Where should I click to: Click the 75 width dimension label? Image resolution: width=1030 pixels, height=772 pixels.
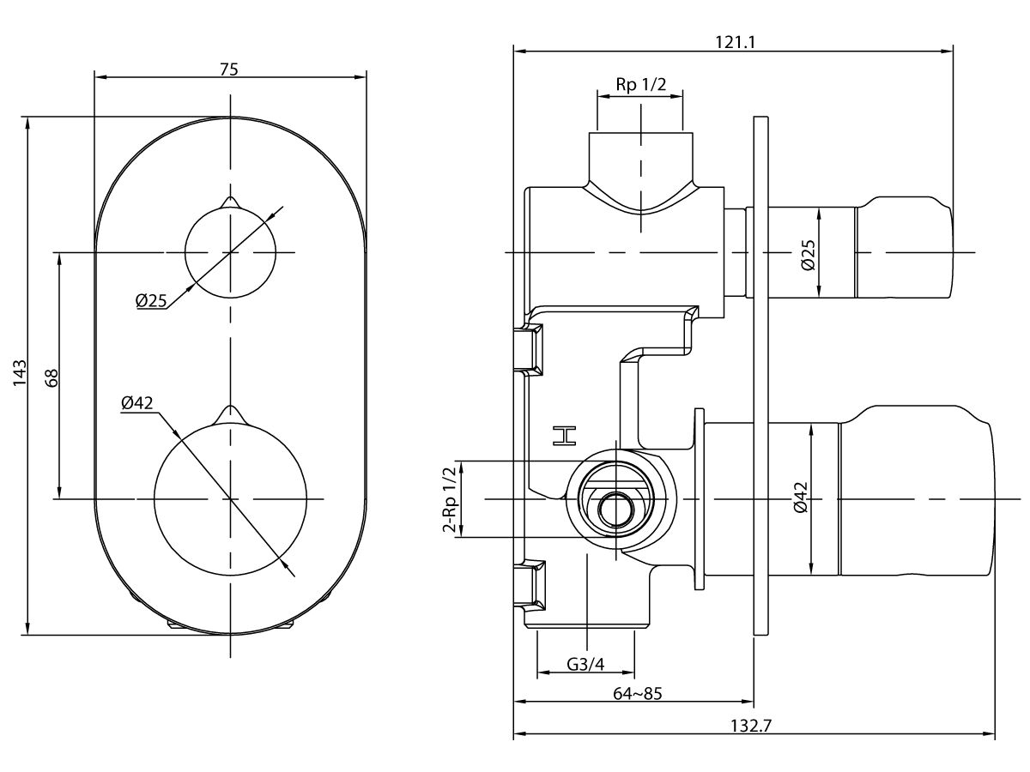tap(228, 69)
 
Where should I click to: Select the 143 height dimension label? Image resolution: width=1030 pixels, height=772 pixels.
tap(21, 375)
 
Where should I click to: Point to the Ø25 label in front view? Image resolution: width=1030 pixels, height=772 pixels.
tap(150, 300)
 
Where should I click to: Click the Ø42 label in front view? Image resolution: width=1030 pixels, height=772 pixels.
tap(136, 403)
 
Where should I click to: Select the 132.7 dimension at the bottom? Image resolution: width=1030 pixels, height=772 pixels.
tap(752, 726)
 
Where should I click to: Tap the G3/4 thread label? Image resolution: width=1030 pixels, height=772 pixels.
tap(585, 663)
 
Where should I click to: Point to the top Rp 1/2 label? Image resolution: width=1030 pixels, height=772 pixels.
tap(641, 83)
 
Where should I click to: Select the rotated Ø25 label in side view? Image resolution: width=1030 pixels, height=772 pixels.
tap(808, 255)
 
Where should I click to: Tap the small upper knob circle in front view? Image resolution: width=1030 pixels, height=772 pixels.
tap(232, 252)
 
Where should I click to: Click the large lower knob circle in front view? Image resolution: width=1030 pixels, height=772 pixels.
tap(230, 498)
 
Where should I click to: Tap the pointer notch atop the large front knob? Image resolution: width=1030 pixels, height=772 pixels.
tap(230, 413)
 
